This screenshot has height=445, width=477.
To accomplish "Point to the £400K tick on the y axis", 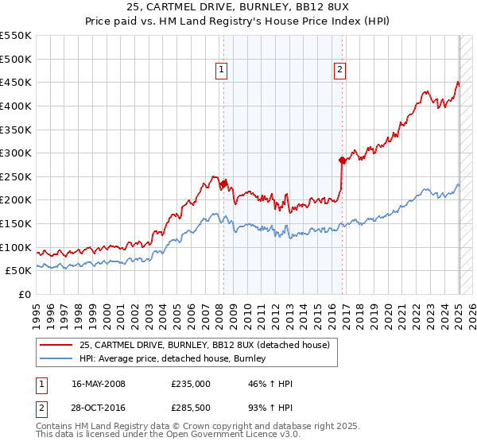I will pos(16,106).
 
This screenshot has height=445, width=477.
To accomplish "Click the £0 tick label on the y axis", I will pos(24,294).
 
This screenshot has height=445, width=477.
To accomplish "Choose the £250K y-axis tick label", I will pos(16,176).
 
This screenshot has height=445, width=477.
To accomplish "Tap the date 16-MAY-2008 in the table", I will pos(99,384).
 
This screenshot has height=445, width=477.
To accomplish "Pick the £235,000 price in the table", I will pos(190,384).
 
